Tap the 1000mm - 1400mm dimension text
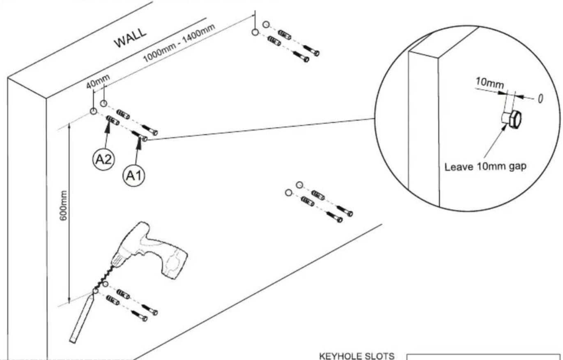(179, 43)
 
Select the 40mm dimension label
(98, 81)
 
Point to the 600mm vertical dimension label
(64, 205)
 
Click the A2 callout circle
(104, 159)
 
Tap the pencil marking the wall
(82, 317)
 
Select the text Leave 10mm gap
(485, 167)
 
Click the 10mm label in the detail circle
(489, 83)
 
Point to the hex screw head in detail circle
(516, 120)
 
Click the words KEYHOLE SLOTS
(357, 356)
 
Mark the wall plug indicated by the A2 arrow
(113, 120)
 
